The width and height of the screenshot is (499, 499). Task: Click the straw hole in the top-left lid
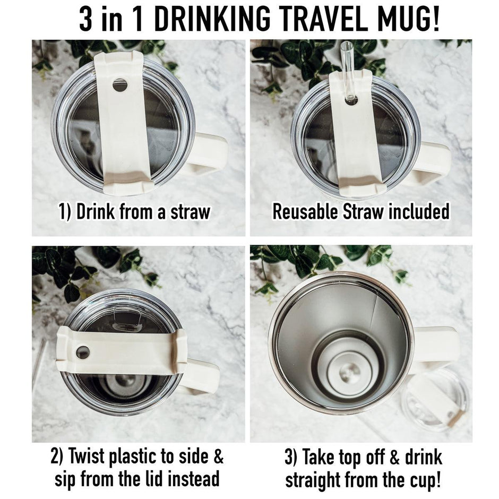[x=120, y=85]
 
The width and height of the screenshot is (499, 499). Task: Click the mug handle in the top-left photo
[x=208, y=154]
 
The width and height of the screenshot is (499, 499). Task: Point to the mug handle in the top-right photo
[x=433, y=162]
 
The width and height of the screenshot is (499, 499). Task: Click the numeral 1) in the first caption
[x=65, y=212]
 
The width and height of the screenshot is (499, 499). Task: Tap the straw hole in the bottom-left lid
[x=83, y=352]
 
